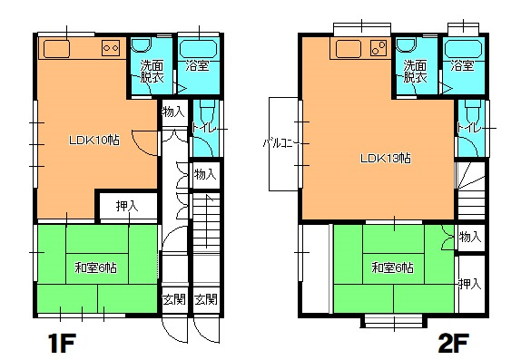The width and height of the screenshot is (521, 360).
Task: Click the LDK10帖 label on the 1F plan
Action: [94, 141]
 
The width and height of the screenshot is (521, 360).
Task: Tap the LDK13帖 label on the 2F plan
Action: [386, 158]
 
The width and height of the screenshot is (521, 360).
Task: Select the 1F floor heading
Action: [62, 344]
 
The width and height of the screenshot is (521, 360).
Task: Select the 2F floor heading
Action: [454, 344]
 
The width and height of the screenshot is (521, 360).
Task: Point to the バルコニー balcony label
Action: [281, 143]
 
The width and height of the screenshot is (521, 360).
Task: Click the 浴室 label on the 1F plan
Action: [197, 65]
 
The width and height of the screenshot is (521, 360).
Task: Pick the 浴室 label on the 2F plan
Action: [462, 65]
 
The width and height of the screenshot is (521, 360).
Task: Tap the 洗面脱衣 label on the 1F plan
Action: [152, 72]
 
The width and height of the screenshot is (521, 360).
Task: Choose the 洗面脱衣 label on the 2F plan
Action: [416, 72]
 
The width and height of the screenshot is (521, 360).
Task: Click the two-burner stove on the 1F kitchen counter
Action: [111, 48]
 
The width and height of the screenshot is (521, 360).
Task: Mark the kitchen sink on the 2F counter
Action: [349, 49]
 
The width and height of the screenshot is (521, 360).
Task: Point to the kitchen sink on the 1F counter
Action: [56, 49]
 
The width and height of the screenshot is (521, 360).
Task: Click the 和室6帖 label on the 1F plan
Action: [95, 268]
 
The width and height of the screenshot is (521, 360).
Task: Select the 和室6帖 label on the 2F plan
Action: [392, 268]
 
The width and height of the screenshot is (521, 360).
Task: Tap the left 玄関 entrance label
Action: [173, 299]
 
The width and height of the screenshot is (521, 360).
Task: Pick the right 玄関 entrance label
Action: [206, 299]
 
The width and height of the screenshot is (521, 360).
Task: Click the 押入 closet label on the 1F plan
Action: [127, 207]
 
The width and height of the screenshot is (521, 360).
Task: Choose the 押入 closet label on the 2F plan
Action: [470, 284]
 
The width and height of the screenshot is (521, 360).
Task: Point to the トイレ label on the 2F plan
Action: [469, 128]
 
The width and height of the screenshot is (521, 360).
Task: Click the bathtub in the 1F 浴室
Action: [199, 49]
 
